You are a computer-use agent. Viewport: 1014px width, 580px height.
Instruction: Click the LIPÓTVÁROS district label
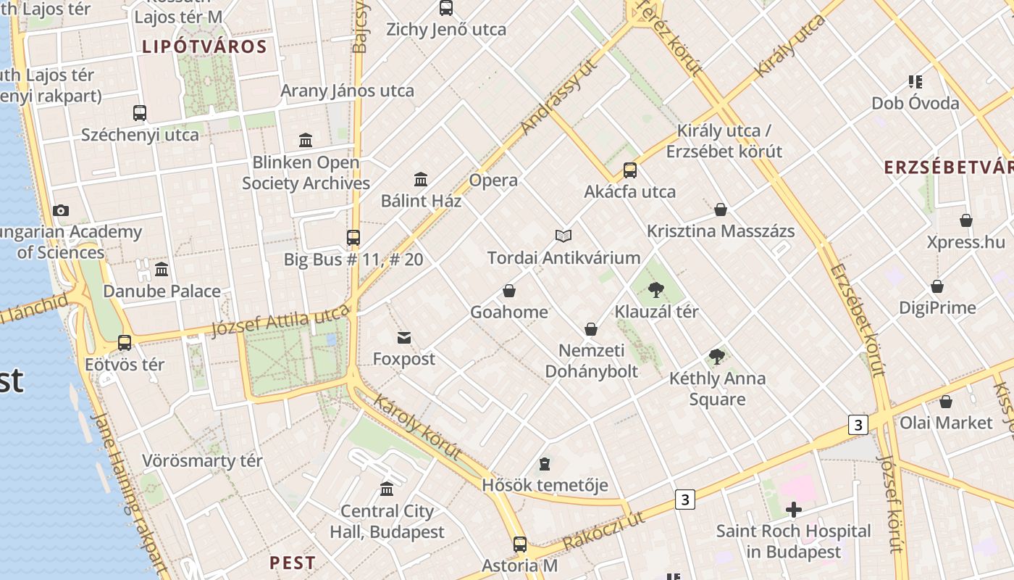click(x=204, y=47)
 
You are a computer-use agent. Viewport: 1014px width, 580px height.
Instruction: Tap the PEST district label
click(x=293, y=563)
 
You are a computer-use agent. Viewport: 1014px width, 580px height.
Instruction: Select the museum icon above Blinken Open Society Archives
click(x=306, y=140)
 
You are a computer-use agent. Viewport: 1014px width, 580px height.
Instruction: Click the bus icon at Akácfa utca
click(x=630, y=170)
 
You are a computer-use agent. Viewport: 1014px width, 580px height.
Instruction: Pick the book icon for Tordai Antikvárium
click(x=563, y=236)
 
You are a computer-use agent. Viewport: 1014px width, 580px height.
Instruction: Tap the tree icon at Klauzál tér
click(x=656, y=290)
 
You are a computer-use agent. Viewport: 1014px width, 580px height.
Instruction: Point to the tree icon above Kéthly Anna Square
click(x=717, y=356)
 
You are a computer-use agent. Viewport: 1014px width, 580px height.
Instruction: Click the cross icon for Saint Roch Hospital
click(x=794, y=510)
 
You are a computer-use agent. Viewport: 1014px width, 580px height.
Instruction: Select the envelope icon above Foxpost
click(x=404, y=337)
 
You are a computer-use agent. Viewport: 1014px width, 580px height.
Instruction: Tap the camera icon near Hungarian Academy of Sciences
click(x=61, y=211)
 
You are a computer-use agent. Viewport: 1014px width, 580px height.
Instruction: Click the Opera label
click(x=493, y=181)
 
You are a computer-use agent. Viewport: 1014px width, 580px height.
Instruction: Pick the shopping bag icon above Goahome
click(x=509, y=291)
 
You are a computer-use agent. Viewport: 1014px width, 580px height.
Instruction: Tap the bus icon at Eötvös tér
click(x=125, y=343)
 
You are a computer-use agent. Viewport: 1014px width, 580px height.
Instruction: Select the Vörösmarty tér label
click(x=202, y=461)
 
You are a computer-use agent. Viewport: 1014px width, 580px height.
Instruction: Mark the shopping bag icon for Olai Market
click(x=946, y=402)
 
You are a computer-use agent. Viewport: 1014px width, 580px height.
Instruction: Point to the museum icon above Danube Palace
click(x=162, y=270)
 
